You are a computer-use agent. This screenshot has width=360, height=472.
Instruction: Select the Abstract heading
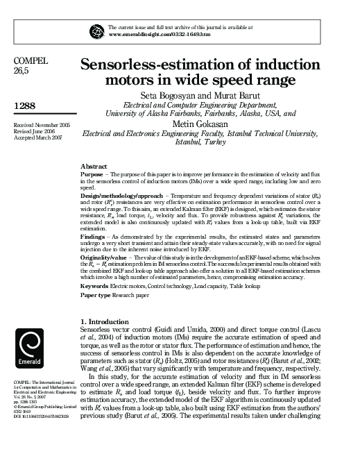point(94,167)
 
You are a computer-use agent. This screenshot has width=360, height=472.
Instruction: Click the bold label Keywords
point(96,285)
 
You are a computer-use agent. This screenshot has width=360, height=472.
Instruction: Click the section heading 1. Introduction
point(108,321)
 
